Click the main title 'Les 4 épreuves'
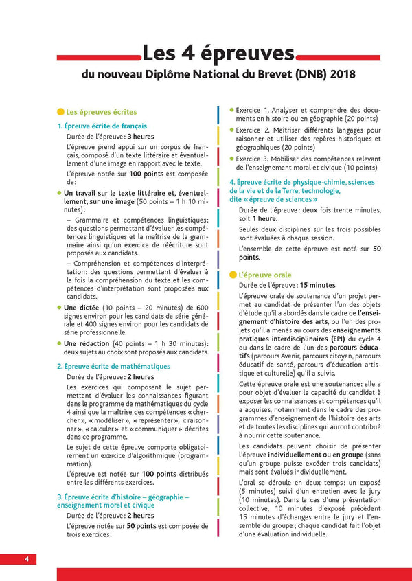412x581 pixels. [x=218, y=53]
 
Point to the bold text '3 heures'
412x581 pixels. [x=140, y=137]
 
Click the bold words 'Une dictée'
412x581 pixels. [x=81, y=308]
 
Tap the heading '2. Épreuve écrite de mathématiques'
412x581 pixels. [x=113, y=367]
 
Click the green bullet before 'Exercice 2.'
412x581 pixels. [x=231, y=130]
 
